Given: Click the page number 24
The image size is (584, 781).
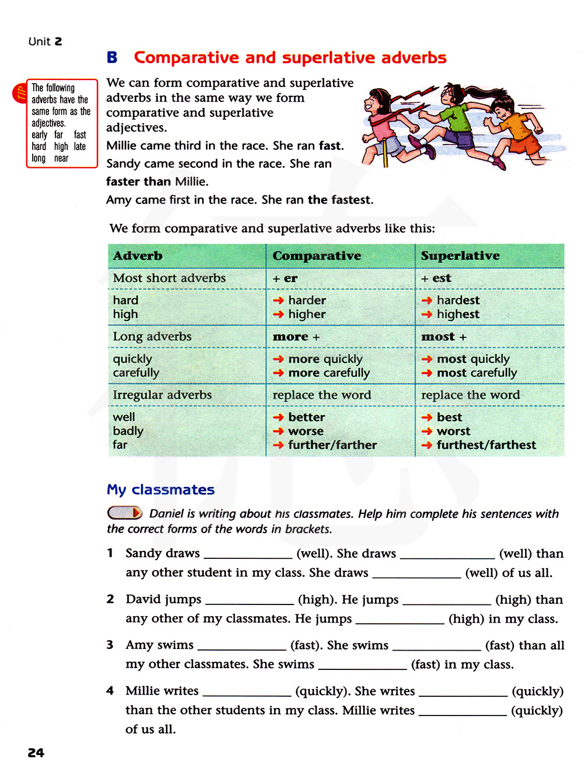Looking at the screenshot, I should [36, 753].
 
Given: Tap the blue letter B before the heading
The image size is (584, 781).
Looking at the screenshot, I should [112, 58].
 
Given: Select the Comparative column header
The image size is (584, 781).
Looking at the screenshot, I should [317, 256].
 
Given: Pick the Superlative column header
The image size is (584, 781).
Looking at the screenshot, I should [460, 256].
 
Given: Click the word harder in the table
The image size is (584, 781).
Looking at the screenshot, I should [307, 300].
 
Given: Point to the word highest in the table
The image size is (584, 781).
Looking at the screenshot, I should [458, 315].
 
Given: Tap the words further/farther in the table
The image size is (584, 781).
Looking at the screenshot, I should [332, 445].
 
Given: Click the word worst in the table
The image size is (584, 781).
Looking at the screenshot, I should [453, 431].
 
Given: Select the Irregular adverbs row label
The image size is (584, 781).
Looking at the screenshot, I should [162, 395].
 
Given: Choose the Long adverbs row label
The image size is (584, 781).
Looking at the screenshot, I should [152, 337].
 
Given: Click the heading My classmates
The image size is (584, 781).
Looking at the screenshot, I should [161, 490].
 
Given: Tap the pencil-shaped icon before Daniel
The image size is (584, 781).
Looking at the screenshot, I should [125, 513].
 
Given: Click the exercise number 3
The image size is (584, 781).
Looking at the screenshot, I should [110, 645].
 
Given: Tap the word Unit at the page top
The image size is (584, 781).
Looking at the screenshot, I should [39, 42].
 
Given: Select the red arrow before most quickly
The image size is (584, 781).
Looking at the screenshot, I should [427, 360].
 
